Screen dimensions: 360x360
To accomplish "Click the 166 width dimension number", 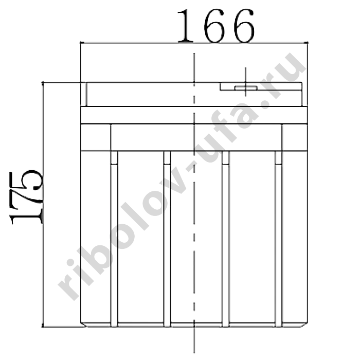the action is pyautogui.click(x=216, y=26).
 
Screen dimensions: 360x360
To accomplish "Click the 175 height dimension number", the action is pyautogui.click(x=26, y=197).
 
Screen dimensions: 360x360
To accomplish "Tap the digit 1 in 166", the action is pyautogui.click(x=185, y=26).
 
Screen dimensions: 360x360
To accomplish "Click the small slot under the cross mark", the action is pyautogui.click(x=246, y=88).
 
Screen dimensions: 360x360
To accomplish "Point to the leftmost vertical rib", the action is pyautogui.click(x=114, y=239).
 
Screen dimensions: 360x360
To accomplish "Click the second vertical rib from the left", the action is pyautogui.click(x=167, y=239).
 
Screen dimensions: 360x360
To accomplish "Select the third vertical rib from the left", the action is pyautogui.click(x=226, y=239).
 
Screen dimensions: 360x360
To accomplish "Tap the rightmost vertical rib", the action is pyautogui.click(x=279, y=239).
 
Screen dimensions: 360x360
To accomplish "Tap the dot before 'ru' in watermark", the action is pyautogui.click(x=266, y=104).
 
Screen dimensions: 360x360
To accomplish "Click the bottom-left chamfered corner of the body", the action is pyautogui.click(x=83, y=325).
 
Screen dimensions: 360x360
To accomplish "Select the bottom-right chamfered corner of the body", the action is pyautogui.click(x=304, y=325).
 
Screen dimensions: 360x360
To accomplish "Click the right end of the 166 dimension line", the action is pyautogui.click(x=308, y=43).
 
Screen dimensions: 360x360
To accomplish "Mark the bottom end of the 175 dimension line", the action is pyautogui.click(x=43, y=327).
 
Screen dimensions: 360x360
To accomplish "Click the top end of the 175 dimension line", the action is pyautogui.click(x=43, y=82).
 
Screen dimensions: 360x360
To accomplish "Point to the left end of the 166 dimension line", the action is pyautogui.click(x=81, y=43).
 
